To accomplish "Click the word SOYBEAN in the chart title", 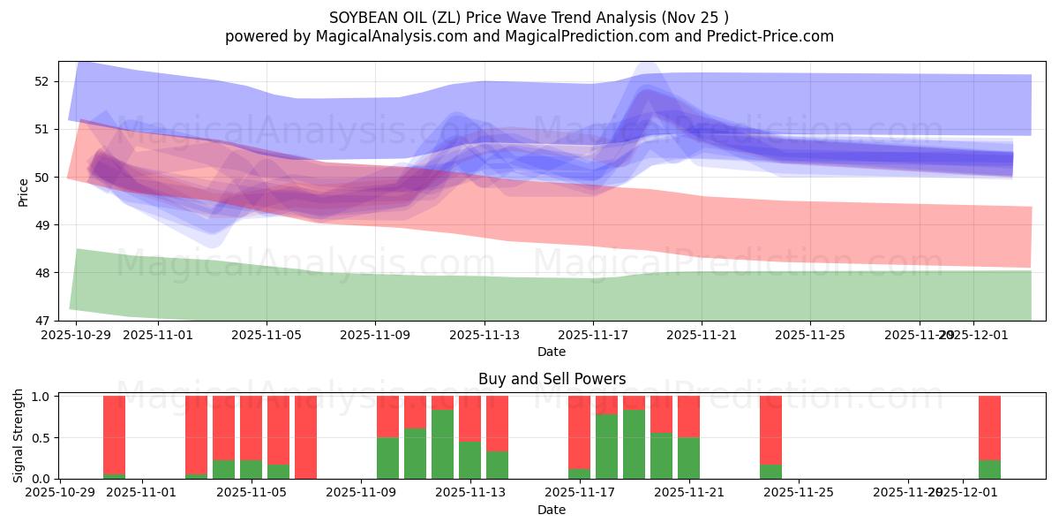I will [x=366, y=18].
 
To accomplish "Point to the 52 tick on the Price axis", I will [x=42, y=81].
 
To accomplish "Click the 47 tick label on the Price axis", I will [x=42, y=321].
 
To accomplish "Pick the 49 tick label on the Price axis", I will [x=42, y=225].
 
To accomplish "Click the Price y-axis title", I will [x=23, y=192].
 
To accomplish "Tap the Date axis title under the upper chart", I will [x=552, y=352].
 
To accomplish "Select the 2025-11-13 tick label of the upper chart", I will [x=484, y=335].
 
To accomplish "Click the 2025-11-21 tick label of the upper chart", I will [x=702, y=335].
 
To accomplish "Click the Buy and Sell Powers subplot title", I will [x=552, y=379].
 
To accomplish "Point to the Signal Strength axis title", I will [x=19, y=435].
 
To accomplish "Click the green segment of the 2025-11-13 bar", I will [x=469, y=460].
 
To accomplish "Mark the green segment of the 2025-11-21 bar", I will [x=688, y=458].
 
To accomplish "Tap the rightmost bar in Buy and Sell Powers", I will [x=989, y=437].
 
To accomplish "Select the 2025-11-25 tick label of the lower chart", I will [x=799, y=493].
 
